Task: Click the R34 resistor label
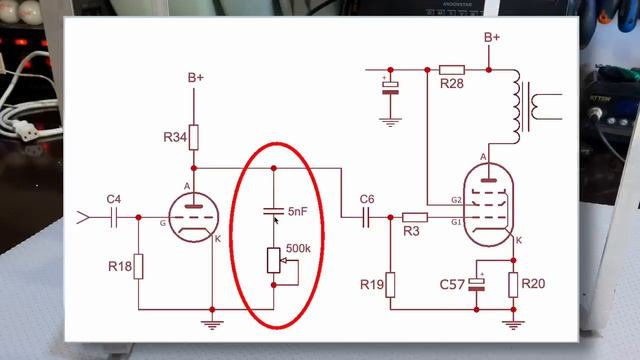175,139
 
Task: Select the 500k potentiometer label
298,247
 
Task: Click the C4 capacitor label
113,201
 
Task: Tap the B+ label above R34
195,77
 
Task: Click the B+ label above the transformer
492,38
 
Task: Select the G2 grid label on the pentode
456,201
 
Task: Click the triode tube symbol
190,217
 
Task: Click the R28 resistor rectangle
451,70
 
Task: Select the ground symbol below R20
513,322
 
